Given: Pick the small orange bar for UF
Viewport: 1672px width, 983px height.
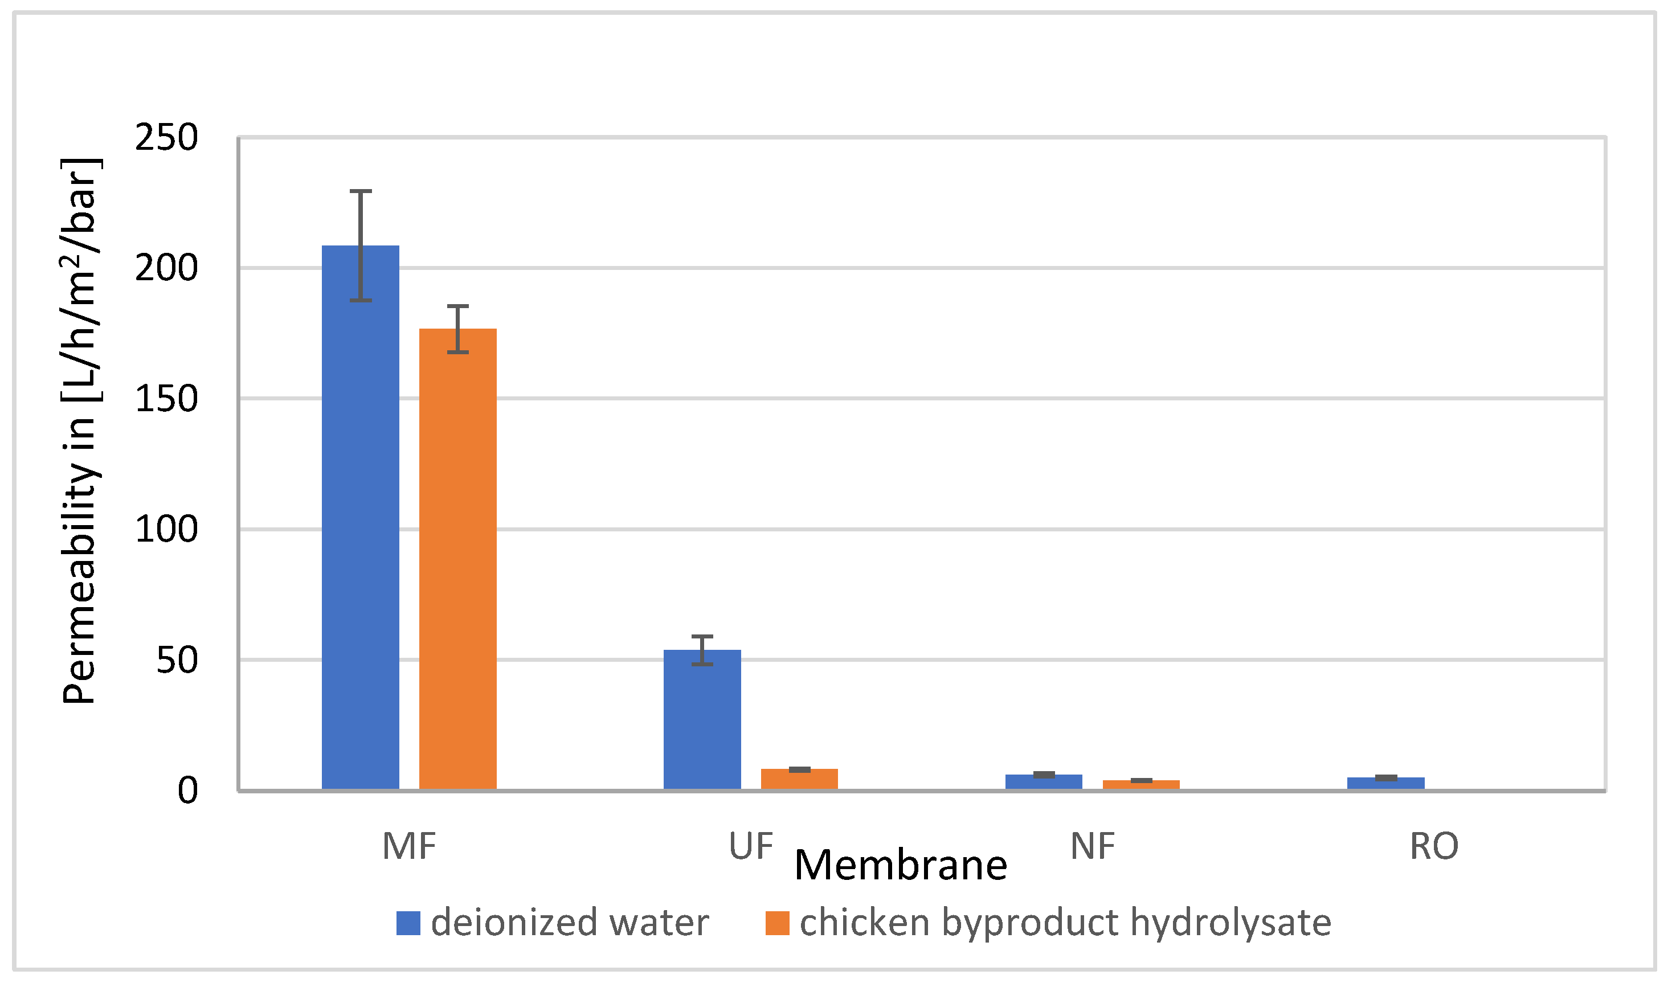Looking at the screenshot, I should click(799, 779).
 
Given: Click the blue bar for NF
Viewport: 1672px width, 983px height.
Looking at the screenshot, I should click(1044, 782).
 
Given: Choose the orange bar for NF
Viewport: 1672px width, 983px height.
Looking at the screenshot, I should click(1141, 785).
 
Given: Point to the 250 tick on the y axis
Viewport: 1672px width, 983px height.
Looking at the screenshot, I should click(166, 138).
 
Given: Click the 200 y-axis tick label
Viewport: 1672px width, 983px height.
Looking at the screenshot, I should click(166, 269).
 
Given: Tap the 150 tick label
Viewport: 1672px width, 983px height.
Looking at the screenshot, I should click(166, 399).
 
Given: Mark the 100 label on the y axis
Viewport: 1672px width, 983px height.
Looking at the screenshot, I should click(166, 529).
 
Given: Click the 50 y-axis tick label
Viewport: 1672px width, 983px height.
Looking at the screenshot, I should click(177, 660).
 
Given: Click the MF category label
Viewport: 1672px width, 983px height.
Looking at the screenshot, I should click(408, 846).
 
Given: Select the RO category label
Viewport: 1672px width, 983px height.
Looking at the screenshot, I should click(1434, 846).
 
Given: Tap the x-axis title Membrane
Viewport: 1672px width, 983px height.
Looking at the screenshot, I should click(900, 866).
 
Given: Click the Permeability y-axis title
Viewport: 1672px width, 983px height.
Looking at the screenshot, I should click(81, 431).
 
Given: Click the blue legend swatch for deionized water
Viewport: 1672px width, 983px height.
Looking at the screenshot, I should click(408, 923).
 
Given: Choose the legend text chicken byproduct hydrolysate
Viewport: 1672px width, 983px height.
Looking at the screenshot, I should click(1065, 923).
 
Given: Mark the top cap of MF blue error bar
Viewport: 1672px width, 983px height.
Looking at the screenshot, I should click(360, 191).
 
